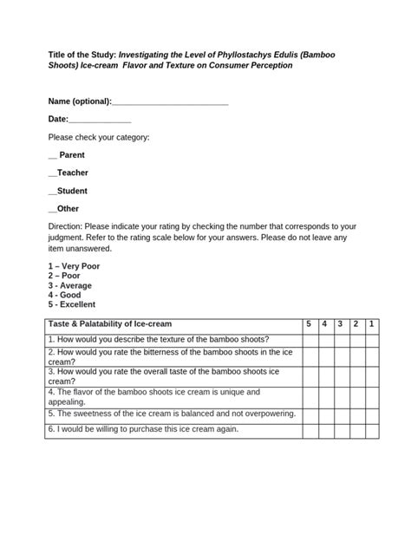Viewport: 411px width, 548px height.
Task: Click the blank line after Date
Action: [x=99, y=119]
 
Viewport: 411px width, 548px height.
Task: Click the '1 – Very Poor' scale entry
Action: [x=74, y=266]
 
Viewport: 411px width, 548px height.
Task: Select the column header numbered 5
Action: [x=308, y=323]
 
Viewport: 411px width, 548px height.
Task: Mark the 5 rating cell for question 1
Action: [x=308, y=339]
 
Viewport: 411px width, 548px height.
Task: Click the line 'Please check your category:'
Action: [x=99, y=137]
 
